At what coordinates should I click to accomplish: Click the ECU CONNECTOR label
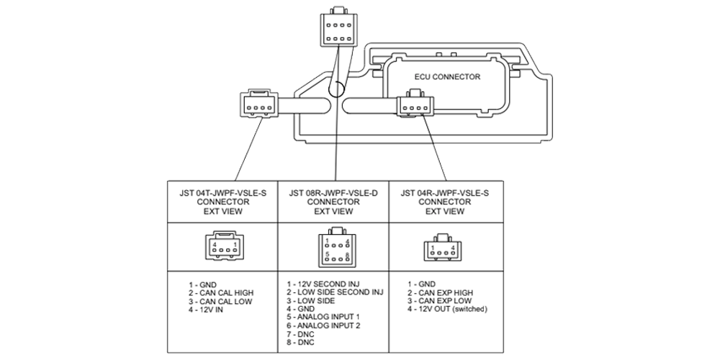tap(447, 76)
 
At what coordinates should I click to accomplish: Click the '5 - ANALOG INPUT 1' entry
tap(323, 316)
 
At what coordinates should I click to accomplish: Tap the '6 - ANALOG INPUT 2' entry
tap(323, 325)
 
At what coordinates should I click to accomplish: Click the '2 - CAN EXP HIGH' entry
tap(440, 293)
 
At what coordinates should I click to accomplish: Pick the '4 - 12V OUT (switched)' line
tap(448, 309)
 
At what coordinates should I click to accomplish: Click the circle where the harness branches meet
tap(336, 90)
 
